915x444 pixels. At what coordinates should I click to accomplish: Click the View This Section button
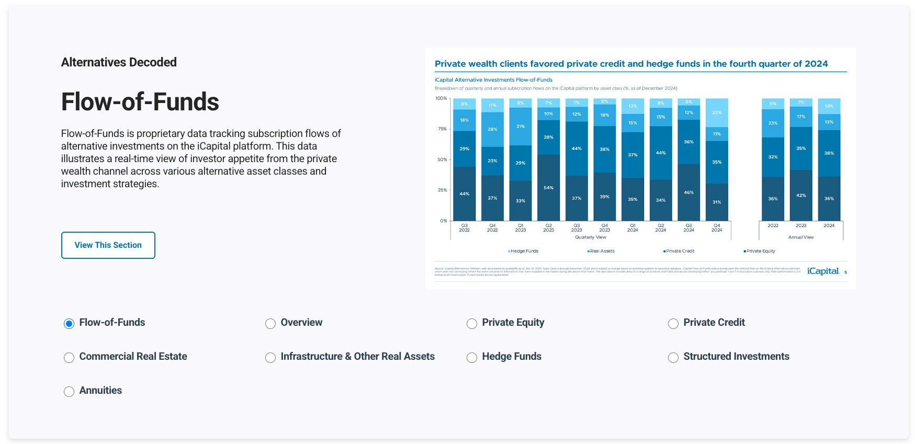coord(108,245)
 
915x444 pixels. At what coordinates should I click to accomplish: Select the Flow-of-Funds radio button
coord(69,324)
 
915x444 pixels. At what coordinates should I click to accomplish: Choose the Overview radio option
coord(270,324)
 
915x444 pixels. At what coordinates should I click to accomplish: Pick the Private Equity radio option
coord(472,324)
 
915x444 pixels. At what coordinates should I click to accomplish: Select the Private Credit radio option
coord(673,324)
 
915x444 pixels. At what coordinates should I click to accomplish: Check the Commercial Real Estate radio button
coord(69,358)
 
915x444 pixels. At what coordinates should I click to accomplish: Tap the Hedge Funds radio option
coord(472,358)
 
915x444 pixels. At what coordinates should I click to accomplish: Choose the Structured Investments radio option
coord(673,358)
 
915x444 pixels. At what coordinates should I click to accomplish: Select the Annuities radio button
coord(69,392)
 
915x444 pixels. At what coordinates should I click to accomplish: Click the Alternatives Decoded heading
coord(119,62)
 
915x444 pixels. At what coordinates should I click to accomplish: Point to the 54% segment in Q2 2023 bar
coord(548,188)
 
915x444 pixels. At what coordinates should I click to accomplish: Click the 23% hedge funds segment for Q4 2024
coord(717,112)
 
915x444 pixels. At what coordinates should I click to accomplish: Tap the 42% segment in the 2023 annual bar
coord(801,195)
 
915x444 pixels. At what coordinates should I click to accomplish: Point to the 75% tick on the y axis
coord(443,129)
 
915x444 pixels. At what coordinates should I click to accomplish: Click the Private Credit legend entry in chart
coord(680,251)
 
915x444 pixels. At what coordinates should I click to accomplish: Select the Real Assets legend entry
coord(602,251)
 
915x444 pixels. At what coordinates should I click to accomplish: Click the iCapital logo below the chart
coord(823,271)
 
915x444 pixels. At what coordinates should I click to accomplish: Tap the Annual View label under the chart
coord(801,237)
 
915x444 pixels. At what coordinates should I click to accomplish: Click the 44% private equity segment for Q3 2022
coord(464,194)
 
